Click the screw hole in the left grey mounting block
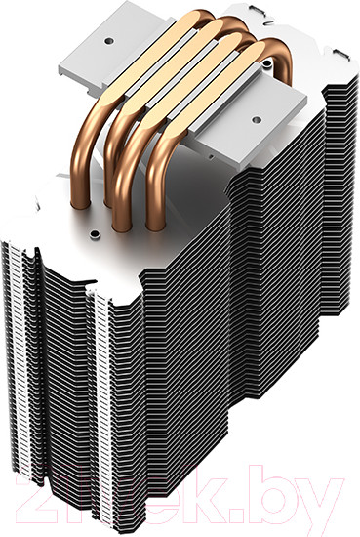click(109, 41)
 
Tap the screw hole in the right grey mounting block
click(256, 119)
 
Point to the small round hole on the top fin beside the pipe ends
click(94, 234)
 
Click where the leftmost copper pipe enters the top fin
click(80, 204)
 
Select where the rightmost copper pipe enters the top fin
click(157, 226)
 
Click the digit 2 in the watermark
click(31, 494)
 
